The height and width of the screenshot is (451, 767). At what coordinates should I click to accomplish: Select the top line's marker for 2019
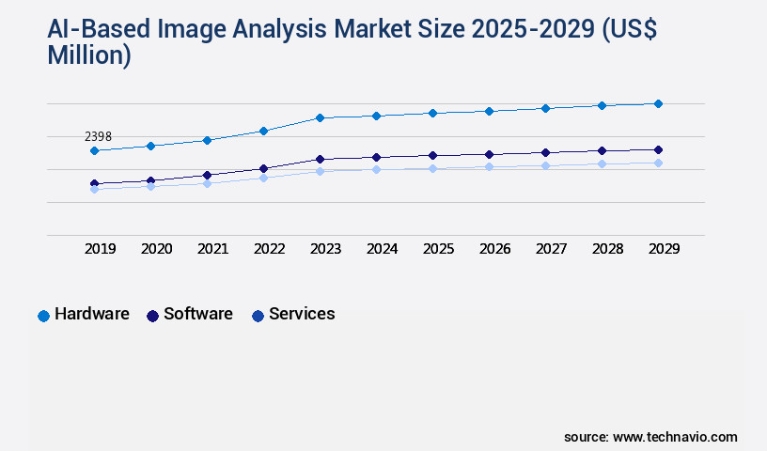click(x=94, y=150)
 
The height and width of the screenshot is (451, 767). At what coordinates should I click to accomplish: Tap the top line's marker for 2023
click(x=320, y=117)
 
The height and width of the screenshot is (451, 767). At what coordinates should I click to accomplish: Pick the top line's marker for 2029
click(x=658, y=103)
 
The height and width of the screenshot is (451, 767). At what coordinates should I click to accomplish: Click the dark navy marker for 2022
click(x=263, y=168)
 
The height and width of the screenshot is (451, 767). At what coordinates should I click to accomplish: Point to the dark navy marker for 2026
click(x=489, y=154)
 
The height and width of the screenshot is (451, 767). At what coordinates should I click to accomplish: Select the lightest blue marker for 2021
click(x=207, y=183)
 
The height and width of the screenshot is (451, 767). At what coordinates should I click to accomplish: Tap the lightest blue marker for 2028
click(x=602, y=163)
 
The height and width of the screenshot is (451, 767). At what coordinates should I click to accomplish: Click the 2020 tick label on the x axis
click(x=156, y=249)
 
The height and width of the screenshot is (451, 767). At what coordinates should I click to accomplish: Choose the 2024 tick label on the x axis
click(x=382, y=249)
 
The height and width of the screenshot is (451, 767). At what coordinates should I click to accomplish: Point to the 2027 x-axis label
click(x=551, y=249)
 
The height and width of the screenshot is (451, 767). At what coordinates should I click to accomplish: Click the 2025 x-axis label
click(x=438, y=249)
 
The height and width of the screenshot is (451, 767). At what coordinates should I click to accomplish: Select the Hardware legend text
click(x=92, y=314)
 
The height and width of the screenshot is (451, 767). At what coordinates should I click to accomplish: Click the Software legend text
click(x=198, y=314)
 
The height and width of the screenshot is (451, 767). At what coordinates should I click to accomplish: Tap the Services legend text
click(x=302, y=314)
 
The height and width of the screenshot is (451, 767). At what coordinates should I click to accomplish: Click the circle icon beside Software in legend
click(x=152, y=316)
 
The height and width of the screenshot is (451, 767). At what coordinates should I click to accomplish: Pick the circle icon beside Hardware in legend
click(x=43, y=316)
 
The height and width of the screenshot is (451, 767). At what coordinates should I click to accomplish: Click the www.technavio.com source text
click(x=675, y=437)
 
